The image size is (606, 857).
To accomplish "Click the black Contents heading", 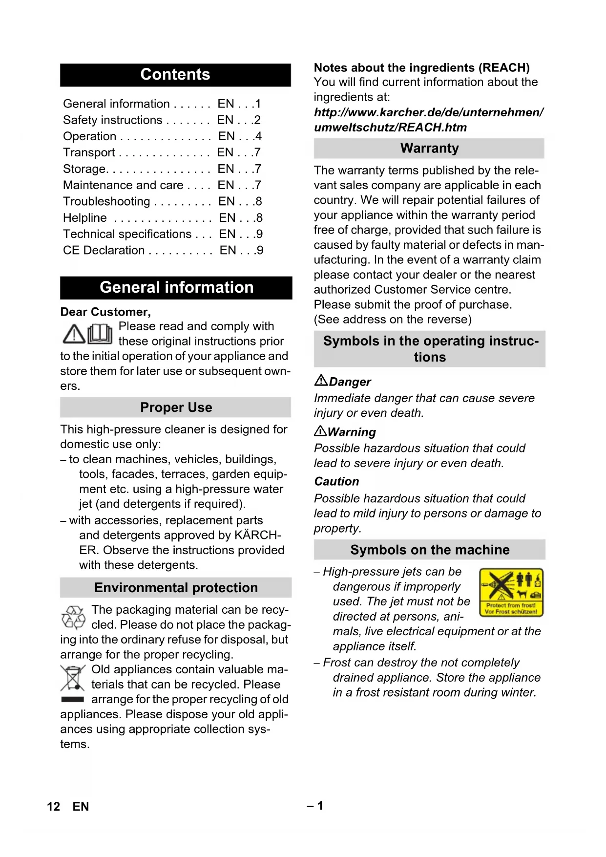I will (175, 75).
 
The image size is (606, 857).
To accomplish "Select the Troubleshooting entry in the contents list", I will (106, 201).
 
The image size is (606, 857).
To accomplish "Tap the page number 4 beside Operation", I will (258, 136).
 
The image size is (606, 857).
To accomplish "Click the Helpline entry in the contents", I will (85, 218).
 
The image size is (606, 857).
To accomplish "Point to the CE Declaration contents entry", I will (104, 250).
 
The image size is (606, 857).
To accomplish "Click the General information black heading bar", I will (176, 287).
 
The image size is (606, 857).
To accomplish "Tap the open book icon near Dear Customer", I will (100, 334).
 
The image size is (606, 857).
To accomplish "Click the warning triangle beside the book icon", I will (74, 334).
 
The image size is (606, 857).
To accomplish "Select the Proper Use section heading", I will (176, 407).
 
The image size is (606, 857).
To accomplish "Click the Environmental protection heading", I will (176, 587).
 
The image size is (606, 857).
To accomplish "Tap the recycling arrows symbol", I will (73, 618).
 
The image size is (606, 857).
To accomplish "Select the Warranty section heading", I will (429, 149).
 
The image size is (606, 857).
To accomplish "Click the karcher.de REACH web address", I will (428, 120).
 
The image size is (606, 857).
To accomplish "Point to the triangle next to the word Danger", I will (321, 380).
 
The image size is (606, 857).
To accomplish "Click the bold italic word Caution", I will (336, 482).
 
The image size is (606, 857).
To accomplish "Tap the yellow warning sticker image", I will (511, 592).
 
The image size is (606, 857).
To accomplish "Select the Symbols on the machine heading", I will (430, 550).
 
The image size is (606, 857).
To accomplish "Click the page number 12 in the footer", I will (54, 806).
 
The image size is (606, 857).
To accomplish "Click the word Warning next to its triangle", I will (352, 432).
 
